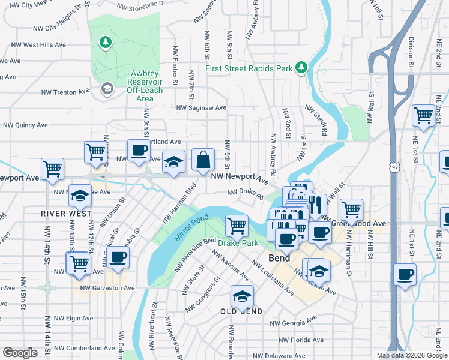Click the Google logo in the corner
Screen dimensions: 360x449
point(20,353)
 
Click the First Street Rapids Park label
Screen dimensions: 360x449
point(249,68)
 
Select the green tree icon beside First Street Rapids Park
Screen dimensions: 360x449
point(301,68)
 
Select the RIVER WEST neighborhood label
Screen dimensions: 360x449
point(67,214)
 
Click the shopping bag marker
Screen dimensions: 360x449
point(203,160)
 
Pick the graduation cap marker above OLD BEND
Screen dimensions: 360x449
point(242,296)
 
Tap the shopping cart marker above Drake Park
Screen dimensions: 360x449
point(237,226)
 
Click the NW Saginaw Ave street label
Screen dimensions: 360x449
point(201,108)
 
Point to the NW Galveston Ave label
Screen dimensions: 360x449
point(108,288)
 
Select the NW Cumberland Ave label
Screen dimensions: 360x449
point(84,348)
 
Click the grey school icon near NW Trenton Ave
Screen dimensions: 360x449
point(107,89)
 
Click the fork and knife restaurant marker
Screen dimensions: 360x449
point(316,204)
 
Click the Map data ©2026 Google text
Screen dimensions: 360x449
point(412,355)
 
